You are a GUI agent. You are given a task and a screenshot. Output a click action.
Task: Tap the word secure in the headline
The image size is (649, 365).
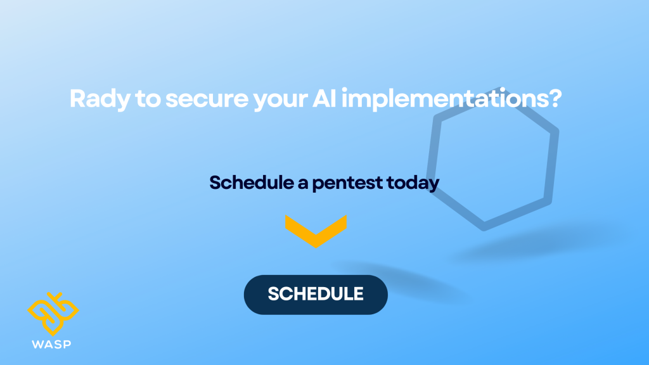[x=207, y=100]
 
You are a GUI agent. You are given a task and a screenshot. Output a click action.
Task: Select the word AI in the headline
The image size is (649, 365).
[x=324, y=98]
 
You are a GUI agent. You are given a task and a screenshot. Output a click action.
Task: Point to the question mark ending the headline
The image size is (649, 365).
[x=552, y=98]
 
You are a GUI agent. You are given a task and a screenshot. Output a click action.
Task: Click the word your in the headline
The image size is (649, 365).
[x=280, y=101]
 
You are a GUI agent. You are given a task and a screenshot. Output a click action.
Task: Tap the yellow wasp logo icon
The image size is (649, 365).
[x=53, y=314]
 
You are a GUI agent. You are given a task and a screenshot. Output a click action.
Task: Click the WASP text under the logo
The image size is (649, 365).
[x=51, y=344]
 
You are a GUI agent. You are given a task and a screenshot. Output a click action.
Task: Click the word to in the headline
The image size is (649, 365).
[x=148, y=99]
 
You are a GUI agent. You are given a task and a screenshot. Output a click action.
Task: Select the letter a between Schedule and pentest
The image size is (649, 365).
[x=303, y=184]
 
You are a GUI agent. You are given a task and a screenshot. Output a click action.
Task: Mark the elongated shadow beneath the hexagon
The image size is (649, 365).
[x=534, y=244]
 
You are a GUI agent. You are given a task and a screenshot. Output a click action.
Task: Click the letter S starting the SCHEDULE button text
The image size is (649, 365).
[x=274, y=294]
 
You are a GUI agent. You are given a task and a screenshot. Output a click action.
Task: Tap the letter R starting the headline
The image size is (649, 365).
[x=77, y=98]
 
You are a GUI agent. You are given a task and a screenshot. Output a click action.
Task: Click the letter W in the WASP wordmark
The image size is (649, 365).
[x=37, y=344]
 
